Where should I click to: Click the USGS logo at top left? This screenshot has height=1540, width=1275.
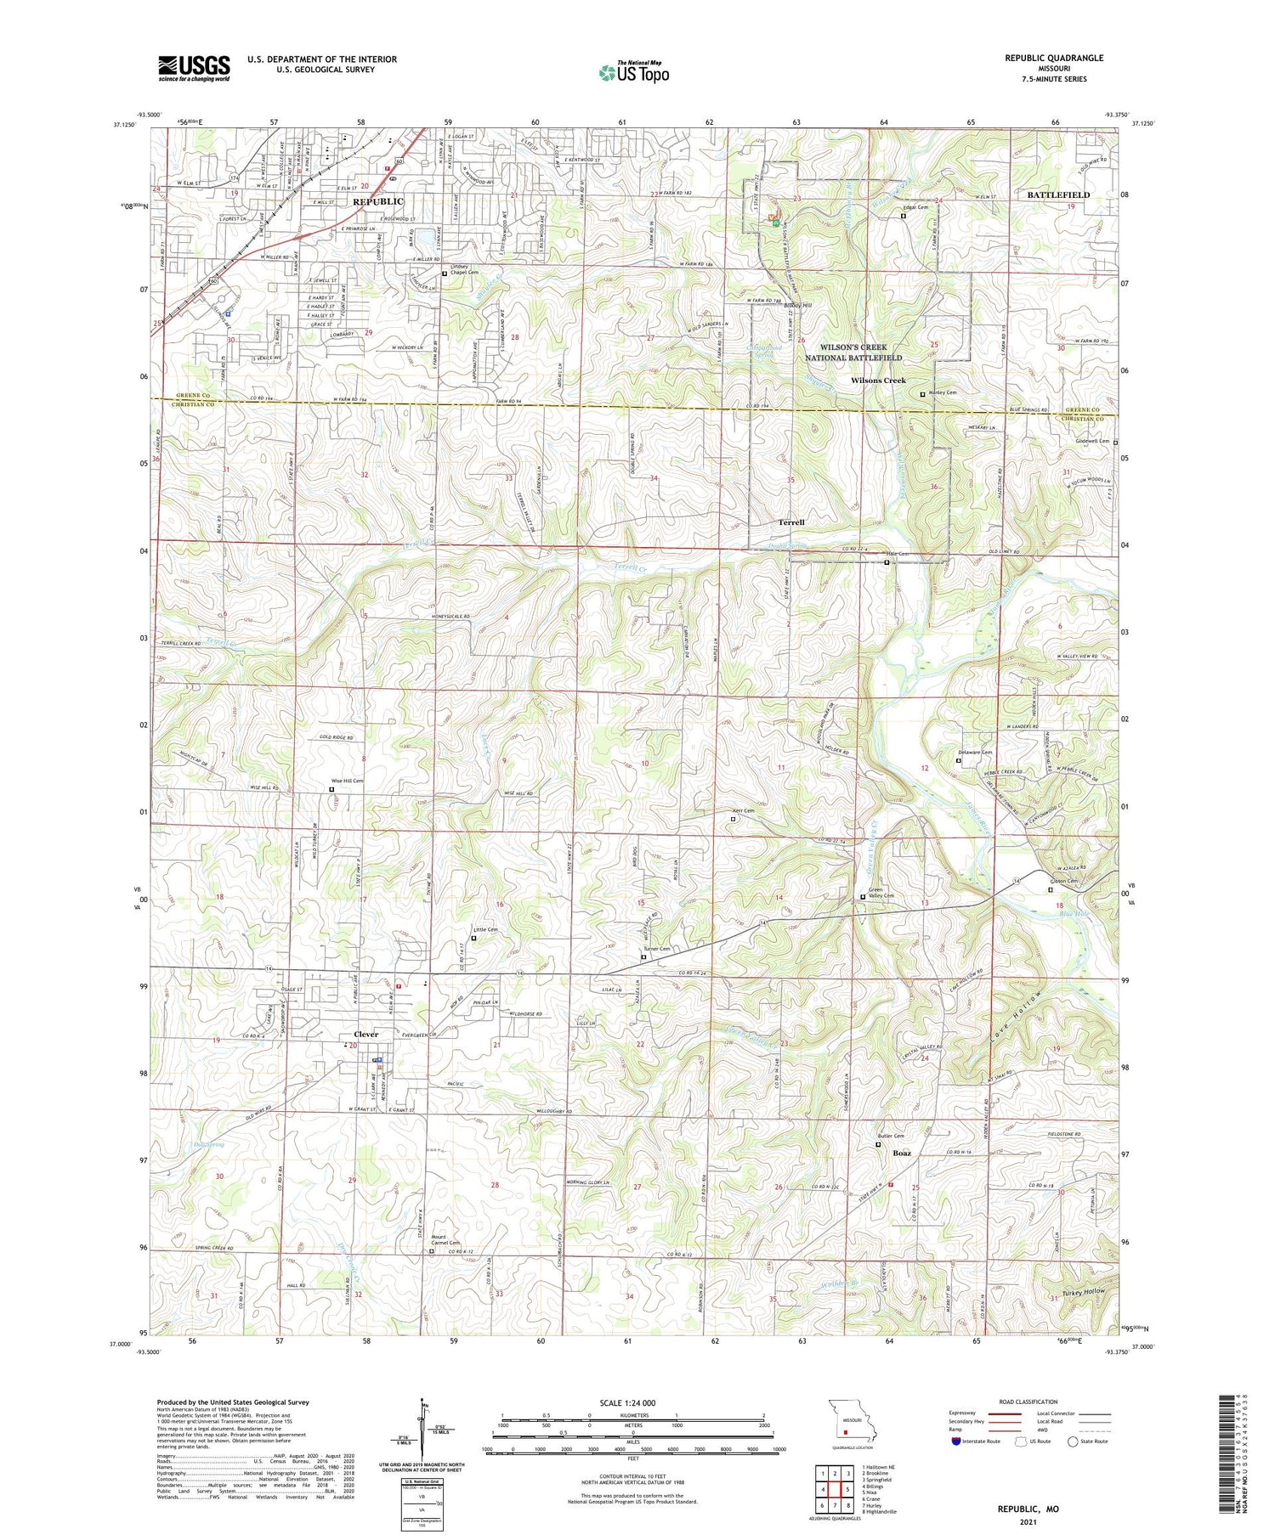pos(194,68)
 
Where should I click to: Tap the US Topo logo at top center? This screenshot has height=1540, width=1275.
pos(633,73)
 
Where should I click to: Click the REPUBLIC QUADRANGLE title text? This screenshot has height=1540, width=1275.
pos(1054,58)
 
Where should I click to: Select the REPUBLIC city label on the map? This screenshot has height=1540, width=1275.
pos(378,201)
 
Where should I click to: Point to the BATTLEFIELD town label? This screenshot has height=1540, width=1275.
pos(1058,195)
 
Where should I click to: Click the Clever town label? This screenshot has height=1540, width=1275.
pos(365,1034)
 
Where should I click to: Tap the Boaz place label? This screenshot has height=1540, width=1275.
pos(902,1154)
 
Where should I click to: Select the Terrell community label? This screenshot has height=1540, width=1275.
pos(791,522)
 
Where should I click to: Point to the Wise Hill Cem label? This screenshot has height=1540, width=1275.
pos(347,781)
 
